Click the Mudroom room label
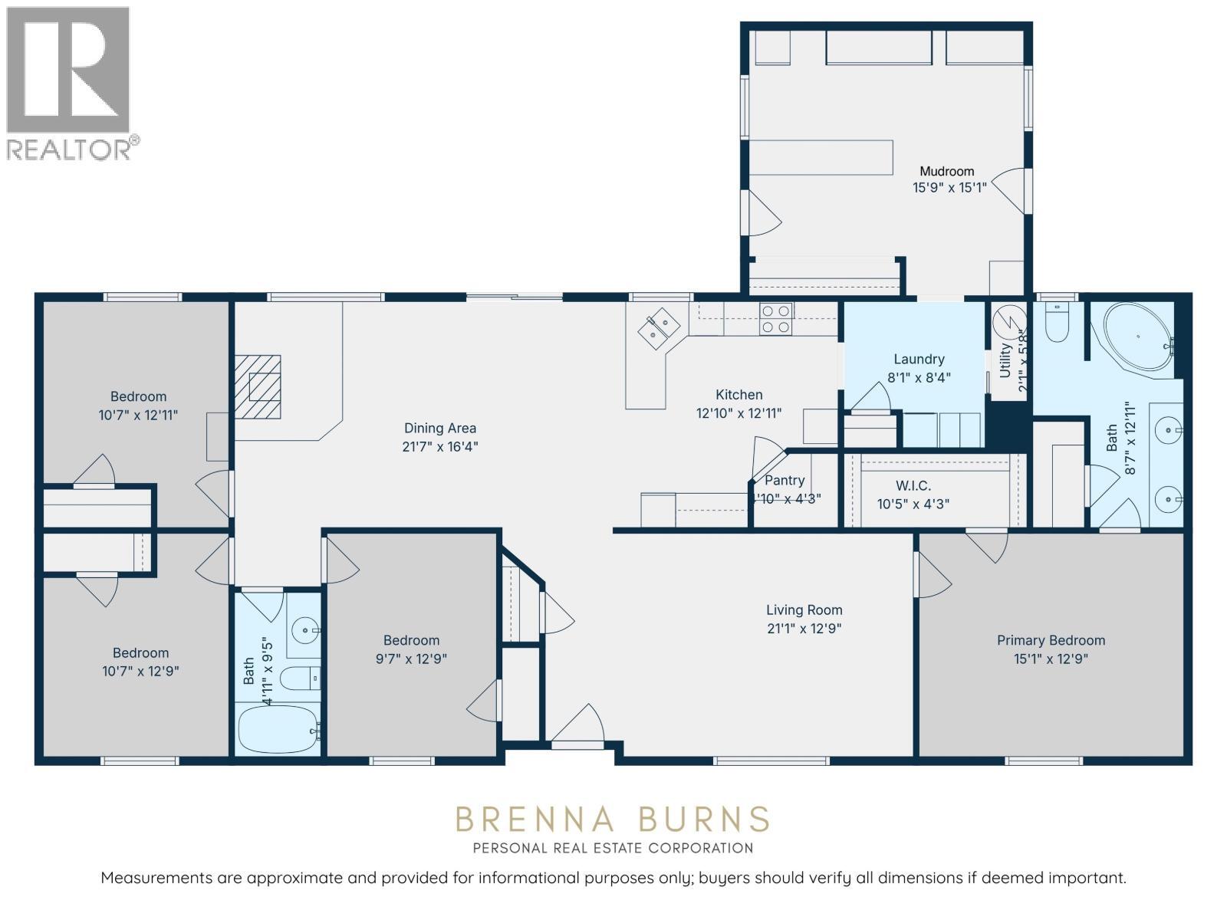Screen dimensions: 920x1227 (x=946, y=172)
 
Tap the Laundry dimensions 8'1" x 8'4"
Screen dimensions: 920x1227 (x=919, y=377)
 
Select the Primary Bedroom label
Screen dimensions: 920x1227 (x=1051, y=640)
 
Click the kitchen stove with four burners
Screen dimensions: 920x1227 (x=775, y=319)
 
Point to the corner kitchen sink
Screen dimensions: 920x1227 (x=659, y=329)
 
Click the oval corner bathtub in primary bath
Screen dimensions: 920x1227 (x=1138, y=338)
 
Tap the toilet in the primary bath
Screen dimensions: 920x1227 (x=1058, y=324)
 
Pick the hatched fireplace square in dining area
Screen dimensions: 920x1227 (x=258, y=386)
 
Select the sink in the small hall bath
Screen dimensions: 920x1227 (x=307, y=632)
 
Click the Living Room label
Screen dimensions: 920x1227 (x=804, y=610)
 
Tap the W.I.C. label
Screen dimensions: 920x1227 (x=913, y=486)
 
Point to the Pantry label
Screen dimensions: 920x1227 (x=785, y=481)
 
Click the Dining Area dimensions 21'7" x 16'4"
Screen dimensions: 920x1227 (x=440, y=446)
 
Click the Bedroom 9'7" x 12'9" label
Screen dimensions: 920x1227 (x=411, y=640)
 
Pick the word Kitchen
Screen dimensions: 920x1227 (x=739, y=395)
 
